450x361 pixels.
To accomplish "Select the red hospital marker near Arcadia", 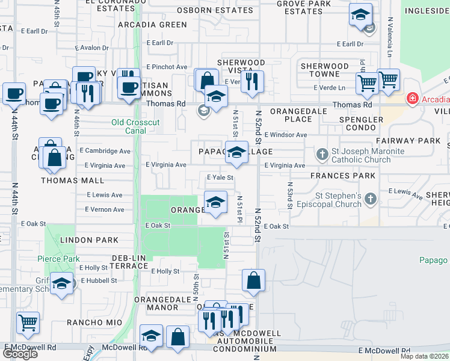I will pos(413,99).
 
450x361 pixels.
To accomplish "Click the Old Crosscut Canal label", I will pos(136,126).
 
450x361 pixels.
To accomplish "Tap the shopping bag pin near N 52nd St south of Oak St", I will pos(253,280).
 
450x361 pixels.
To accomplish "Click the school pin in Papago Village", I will pos(236,153).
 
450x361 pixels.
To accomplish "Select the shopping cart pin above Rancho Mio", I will pos(28,324).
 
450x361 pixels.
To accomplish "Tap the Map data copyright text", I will pos(425,356).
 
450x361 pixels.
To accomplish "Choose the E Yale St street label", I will pos(220,177).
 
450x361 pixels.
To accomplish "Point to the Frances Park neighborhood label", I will pos(343,176).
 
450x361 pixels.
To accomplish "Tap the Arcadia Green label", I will pos(153,25).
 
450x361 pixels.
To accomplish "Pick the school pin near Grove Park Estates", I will pos(360,16).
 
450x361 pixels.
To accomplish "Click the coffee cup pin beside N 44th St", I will pos(14,94).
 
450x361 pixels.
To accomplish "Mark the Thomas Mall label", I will pos(72,180).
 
